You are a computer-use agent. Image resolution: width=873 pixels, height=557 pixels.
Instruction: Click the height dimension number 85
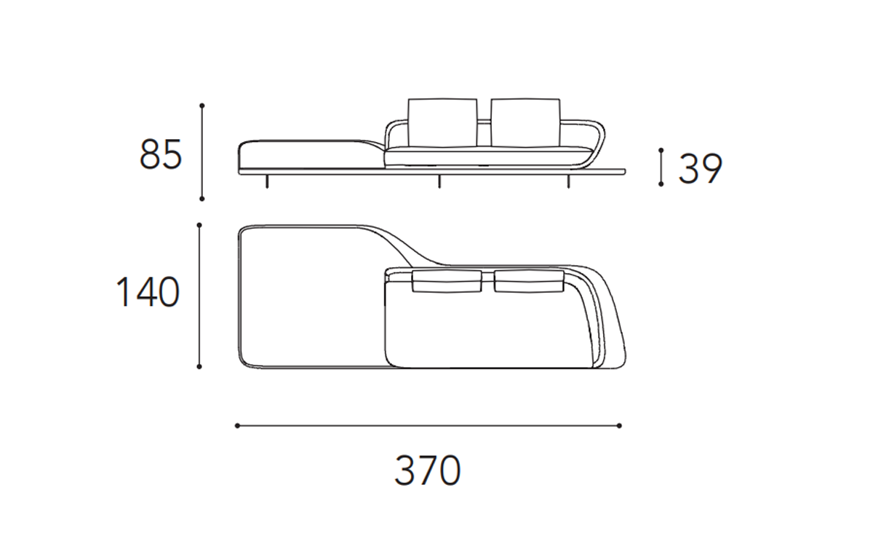tap(161, 154)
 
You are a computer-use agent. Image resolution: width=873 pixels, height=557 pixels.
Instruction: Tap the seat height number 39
tap(701, 168)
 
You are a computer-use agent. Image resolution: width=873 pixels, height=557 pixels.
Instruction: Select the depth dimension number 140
tap(148, 292)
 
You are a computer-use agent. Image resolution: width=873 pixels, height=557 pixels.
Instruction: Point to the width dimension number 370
tap(428, 470)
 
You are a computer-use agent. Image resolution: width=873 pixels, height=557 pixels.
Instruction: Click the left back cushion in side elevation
tap(443, 122)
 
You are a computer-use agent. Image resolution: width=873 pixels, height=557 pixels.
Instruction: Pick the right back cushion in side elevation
tap(526, 122)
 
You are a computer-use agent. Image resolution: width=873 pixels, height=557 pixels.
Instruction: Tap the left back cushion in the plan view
tap(447, 281)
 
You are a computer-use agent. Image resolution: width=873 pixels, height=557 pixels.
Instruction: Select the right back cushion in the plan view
tap(529, 281)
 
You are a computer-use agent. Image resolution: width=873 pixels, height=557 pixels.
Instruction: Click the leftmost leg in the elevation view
tap(267, 181)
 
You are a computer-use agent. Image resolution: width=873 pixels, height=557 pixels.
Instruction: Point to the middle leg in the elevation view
tap(439, 181)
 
